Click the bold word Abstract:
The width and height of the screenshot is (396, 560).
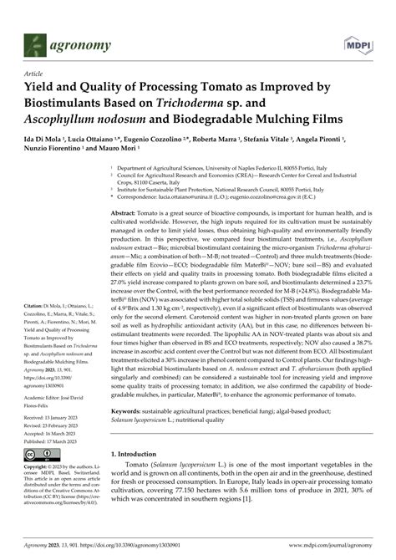click(x=127, y=215)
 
